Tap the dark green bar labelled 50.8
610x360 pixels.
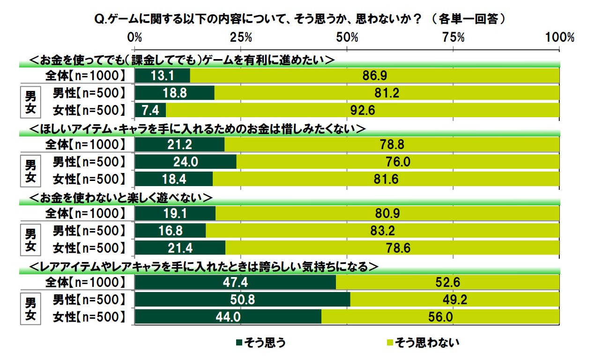[242, 300]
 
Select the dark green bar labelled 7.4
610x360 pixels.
[150, 111]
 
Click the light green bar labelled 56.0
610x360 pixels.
[440, 317]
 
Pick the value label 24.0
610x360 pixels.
[185, 162]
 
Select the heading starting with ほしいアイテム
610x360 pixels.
[197, 128]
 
